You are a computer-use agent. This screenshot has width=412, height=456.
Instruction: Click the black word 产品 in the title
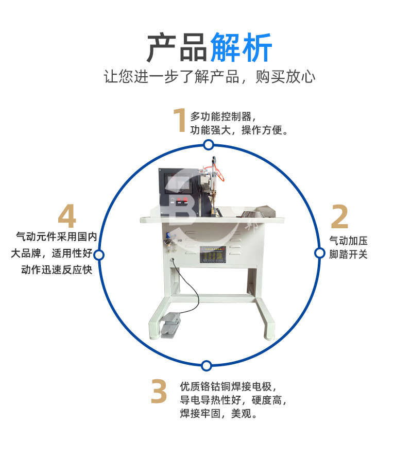pos(177,48)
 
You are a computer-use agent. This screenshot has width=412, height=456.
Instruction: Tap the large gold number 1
pos(179,121)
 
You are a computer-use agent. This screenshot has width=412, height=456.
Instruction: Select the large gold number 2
pos(339,217)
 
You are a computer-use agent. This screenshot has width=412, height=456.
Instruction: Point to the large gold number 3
pos(159,392)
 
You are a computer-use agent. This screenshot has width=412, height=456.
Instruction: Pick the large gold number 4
pos(67,217)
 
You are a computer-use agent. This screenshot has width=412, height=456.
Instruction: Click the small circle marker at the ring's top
pos(208,145)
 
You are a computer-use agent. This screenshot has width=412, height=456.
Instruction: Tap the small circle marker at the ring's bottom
pos(206,366)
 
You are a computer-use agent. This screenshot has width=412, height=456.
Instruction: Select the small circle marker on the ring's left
pos(99,255)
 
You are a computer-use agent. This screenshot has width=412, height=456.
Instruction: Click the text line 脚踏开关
pos(349,255)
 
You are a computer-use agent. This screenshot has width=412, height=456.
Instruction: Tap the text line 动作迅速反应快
pos(57,269)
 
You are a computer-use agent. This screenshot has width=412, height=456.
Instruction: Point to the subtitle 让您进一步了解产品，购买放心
pos(209,77)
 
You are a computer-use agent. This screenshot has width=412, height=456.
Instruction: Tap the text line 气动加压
pos(349,240)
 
